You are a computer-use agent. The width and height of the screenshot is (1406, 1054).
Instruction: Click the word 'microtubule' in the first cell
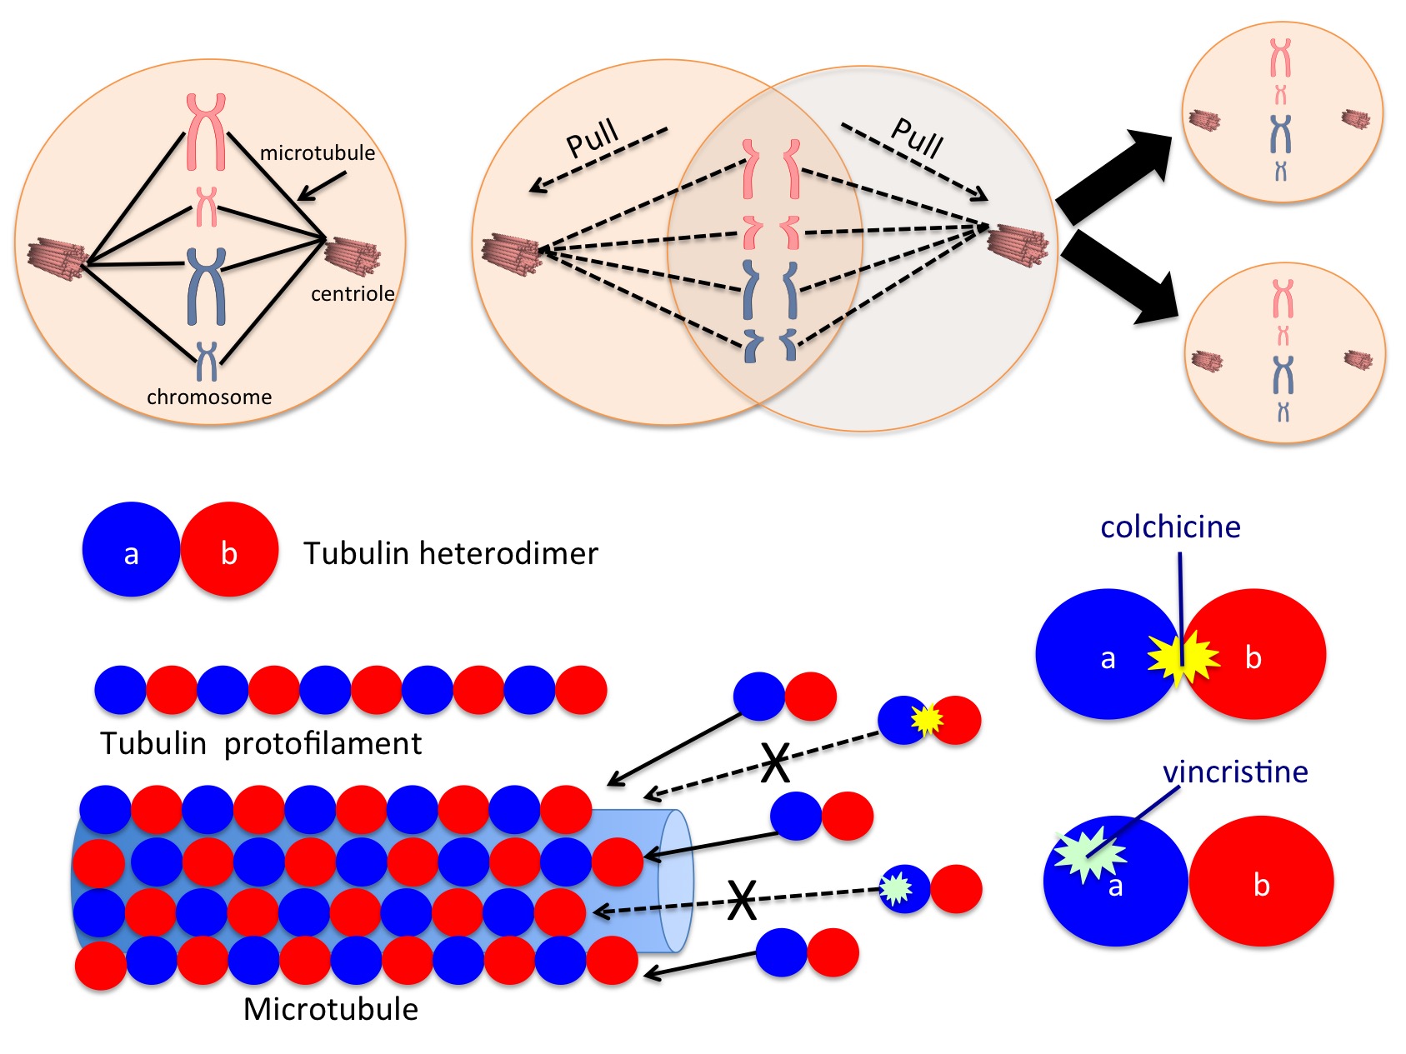click(x=318, y=153)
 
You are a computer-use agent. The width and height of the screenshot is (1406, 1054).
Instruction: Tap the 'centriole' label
click(x=353, y=294)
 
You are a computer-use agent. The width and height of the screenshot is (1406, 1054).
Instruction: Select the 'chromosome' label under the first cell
click(x=209, y=397)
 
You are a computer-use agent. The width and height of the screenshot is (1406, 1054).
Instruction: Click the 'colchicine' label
click(x=1170, y=527)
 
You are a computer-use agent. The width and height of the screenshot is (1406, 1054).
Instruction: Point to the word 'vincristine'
click(x=1235, y=772)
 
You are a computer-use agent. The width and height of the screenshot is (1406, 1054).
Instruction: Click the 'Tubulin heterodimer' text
click(x=450, y=554)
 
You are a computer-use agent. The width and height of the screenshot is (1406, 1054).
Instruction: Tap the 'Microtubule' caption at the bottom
click(x=331, y=1010)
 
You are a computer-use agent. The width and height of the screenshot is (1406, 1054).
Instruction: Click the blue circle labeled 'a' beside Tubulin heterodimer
click(x=131, y=550)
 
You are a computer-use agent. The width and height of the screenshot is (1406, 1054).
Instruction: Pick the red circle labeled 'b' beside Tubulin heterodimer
click(x=230, y=550)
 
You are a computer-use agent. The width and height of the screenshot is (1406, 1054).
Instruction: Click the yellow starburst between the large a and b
click(x=1183, y=657)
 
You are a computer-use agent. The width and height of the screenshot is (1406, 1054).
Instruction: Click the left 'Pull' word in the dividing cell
click(x=593, y=138)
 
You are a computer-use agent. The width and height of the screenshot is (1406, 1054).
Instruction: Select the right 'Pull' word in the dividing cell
click(x=918, y=138)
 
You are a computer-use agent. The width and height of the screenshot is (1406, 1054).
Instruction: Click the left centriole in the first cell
click(x=57, y=256)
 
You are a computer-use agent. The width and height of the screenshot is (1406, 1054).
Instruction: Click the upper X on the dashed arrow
click(x=775, y=763)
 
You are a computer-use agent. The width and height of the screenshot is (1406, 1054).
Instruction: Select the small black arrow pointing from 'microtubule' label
click(x=322, y=187)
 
